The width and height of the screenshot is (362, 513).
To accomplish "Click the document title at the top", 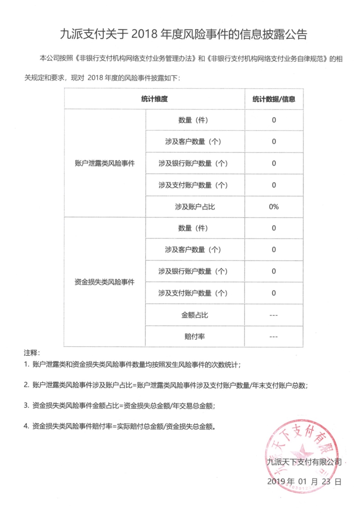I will [183, 34].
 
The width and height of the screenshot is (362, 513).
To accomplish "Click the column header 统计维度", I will [154, 99].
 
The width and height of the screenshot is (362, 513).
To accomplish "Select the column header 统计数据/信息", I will [274, 99].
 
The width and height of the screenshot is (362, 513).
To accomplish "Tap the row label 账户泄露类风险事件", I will [105, 163].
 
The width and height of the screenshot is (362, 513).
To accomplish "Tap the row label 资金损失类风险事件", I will [104, 282].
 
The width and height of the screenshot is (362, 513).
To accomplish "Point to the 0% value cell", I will [274, 207].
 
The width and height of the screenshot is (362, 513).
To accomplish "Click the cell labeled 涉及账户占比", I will [195, 207].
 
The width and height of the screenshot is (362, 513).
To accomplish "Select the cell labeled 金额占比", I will [194, 315].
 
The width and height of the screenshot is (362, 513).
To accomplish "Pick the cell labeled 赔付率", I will [194, 336].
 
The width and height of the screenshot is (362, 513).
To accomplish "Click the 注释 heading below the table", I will [32, 353].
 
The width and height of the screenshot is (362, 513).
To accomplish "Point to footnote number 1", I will [27, 364].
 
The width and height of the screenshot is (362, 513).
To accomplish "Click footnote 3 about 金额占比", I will [120, 406].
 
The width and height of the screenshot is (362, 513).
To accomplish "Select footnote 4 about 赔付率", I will [120, 426].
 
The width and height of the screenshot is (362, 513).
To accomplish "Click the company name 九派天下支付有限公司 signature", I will [304, 462].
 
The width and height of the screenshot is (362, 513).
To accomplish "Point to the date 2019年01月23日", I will [304, 481].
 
